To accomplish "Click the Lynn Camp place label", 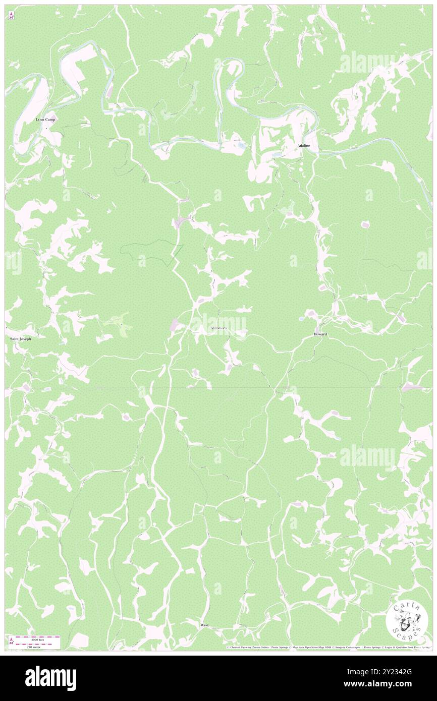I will click(x=45, y=120).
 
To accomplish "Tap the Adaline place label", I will click(x=304, y=145).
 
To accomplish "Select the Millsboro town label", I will click(x=219, y=328).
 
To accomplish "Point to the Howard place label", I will click(x=320, y=334).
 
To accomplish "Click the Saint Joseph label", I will click(x=21, y=339).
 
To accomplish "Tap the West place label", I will click(x=204, y=625).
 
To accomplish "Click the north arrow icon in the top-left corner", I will click(x=11, y=16).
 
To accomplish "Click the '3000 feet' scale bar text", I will click(x=38, y=640).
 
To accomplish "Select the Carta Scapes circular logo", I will click(x=403, y=619).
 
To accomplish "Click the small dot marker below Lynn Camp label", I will click(x=46, y=128).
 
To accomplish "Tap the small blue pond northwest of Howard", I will click(x=301, y=319).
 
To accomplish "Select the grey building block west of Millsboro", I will click(x=176, y=325).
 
